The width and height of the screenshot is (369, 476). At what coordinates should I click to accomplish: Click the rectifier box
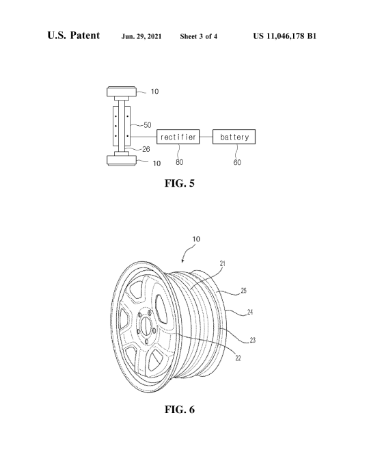coord(178,137)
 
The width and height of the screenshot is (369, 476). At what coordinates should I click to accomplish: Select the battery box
coord(234,137)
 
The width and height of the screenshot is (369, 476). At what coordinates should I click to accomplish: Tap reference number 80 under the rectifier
coord(179,162)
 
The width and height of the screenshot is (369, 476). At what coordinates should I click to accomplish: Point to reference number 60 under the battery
coord(237,162)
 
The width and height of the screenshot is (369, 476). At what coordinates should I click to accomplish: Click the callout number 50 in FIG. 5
coord(148,124)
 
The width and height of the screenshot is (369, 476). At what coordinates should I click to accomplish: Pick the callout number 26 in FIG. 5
coord(146,149)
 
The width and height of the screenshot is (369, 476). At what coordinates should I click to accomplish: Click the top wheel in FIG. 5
coord(121,92)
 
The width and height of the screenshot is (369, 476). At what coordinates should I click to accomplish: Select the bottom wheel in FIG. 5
coord(121,160)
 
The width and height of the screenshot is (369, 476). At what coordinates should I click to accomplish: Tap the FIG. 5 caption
coord(179,183)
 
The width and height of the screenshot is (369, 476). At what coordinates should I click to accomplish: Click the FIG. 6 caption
coord(180,410)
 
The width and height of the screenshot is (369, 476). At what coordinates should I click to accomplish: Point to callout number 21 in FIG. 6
coord(223,263)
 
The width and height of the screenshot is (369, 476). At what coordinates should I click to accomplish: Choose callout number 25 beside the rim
coord(244,291)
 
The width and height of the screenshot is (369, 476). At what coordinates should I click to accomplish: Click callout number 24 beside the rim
coord(250,312)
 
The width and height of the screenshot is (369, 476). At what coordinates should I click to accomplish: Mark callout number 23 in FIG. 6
coord(253,340)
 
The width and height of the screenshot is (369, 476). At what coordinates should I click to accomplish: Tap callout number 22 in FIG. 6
coord(238,358)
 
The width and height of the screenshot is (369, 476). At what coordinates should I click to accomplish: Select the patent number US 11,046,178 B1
coord(284,36)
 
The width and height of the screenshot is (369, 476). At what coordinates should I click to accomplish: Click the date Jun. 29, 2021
coord(141,36)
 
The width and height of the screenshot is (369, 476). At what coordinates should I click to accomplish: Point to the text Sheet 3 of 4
coord(199,36)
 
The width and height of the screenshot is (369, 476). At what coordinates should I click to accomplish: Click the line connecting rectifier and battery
coord(206,137)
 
